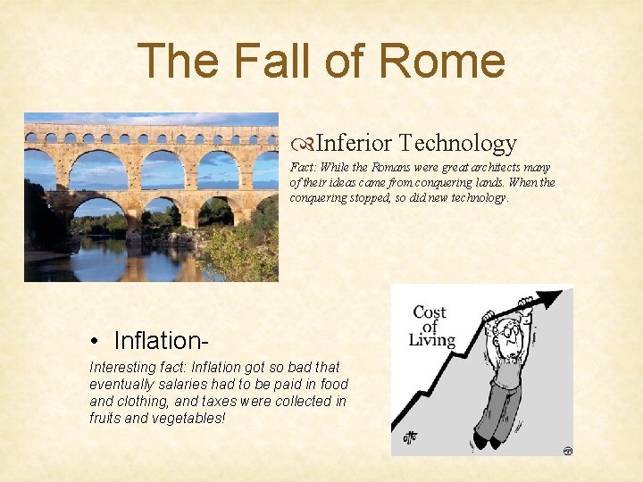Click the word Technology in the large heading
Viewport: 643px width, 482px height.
coord(457,143)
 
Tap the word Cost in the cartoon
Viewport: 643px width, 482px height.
coord(430,312)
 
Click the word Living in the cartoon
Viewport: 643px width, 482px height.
coord(432,340)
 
